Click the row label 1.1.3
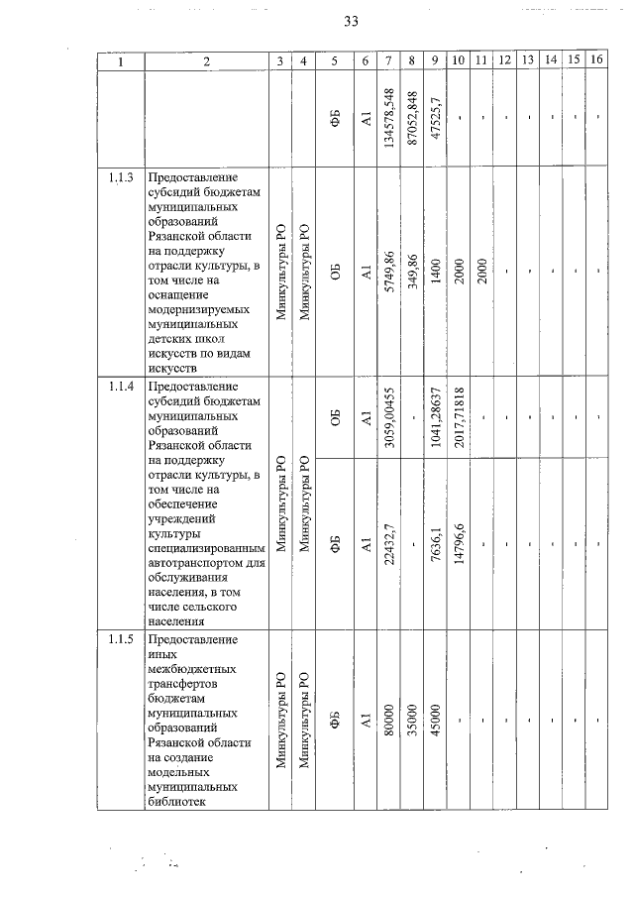pos(122,177)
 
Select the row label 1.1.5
pos(122,635)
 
